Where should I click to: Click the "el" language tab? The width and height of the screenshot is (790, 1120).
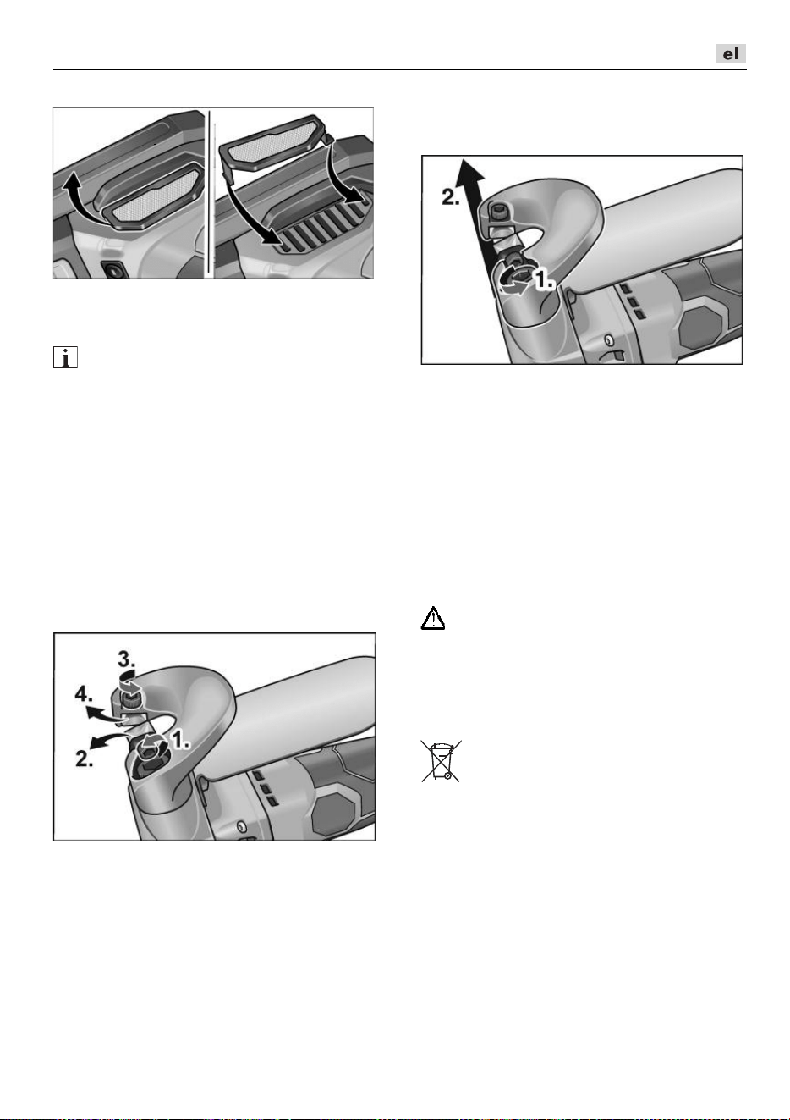[731, 54]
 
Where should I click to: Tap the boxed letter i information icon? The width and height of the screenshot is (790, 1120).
[65, 357]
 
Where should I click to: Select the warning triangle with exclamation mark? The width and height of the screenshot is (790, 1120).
[433, 618]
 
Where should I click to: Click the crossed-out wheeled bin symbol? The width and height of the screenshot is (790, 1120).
[442, 761]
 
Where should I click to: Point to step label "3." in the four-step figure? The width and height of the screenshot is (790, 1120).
[127, 659]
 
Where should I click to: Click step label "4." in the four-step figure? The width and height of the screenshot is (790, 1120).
[84, 694]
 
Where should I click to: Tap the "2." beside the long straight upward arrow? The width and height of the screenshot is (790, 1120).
[450, 197]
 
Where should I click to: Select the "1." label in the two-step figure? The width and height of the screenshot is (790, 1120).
[545, 279]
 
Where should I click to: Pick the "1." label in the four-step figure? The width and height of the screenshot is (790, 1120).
[180, 740]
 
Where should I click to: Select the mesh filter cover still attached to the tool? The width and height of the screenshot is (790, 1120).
[153, 196]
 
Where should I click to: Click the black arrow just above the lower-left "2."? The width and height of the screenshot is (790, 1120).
[107, 740]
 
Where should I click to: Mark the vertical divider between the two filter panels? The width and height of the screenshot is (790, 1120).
[210, 193]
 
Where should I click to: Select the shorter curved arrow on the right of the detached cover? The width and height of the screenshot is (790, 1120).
[346, 173]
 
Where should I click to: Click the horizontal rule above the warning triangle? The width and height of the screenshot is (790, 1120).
[583, 593]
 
